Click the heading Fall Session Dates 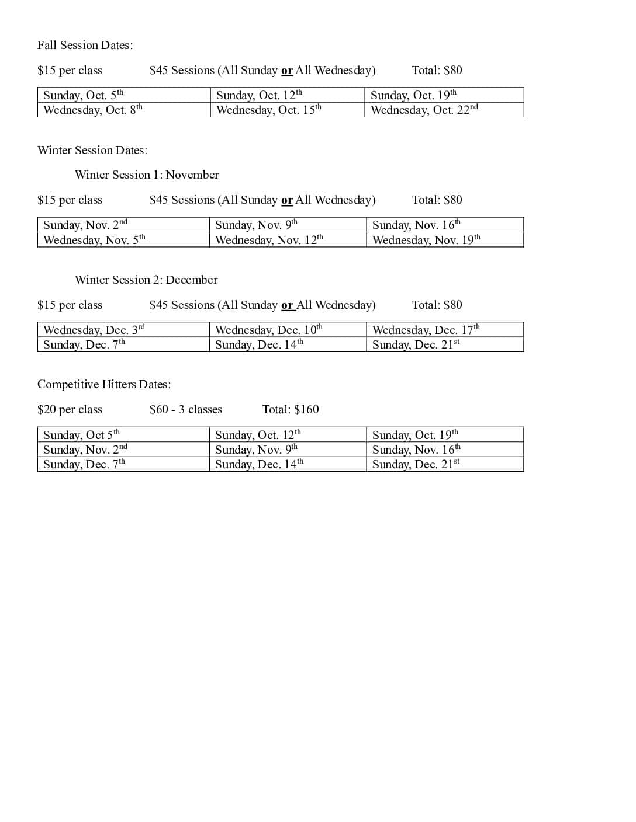click(85, 46)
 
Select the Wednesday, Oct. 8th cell click(92, 110)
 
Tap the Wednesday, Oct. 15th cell click(268, 110)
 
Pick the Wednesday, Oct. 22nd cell click(424, 110)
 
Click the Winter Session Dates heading click(92, 151)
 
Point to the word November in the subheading click(192, 175)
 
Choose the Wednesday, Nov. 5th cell click(94, 240)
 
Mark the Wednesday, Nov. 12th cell click(269, 240)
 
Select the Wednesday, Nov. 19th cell click(426, 240)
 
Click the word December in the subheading click(192, 280)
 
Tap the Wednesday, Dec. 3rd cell click(94, 330)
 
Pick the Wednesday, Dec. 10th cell click(268, 330)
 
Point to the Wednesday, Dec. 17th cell click(426, 330)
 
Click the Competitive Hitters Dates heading click(104, 385)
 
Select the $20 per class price click(70, 410)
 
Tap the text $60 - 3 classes click(186, 410)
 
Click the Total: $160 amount click(291, 410)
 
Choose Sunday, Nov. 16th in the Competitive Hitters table click(416, 450)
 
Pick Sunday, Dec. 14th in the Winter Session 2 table click(259, 344)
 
